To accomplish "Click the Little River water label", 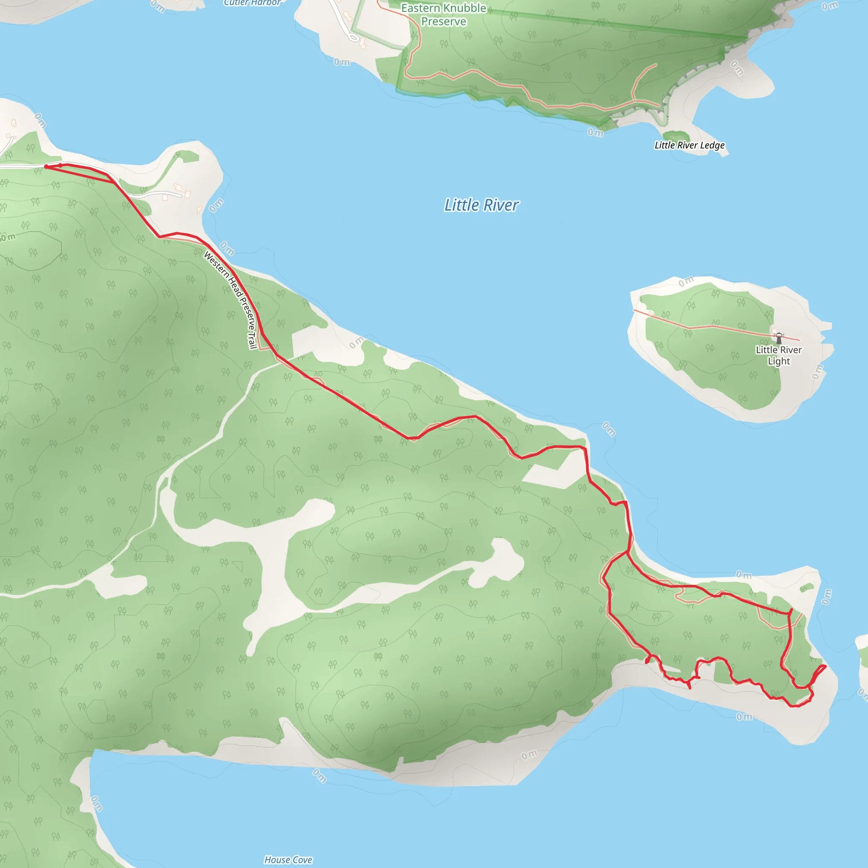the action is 481,205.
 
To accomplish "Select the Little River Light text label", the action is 779,355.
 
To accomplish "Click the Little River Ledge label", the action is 689,145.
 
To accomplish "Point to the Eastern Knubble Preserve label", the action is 443,15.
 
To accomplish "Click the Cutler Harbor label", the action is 252,3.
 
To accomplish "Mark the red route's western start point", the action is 46,167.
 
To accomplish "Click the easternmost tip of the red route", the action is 825,666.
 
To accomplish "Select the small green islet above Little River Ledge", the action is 676,135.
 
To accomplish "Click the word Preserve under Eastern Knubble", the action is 443,22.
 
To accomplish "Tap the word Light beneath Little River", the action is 779,361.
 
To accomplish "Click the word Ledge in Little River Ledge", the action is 712,145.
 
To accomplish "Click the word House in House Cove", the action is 277,860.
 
